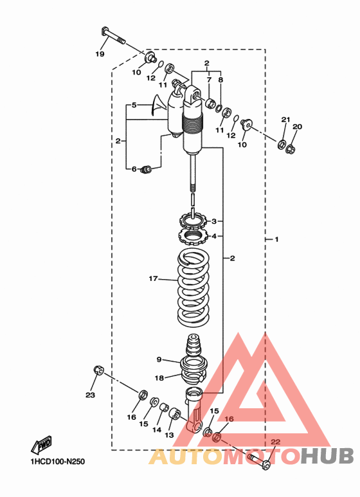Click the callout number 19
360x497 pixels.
(x=100, y=54)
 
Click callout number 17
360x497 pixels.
(x=153, y=278)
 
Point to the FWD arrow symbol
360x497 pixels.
(x=41, y=444)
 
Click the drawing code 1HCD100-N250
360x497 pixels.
(x=57, y=462)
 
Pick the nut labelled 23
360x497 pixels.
(x=98, y=370)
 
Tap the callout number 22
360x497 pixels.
(x=276, y=442)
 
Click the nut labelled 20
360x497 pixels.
(x=291, y=149)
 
